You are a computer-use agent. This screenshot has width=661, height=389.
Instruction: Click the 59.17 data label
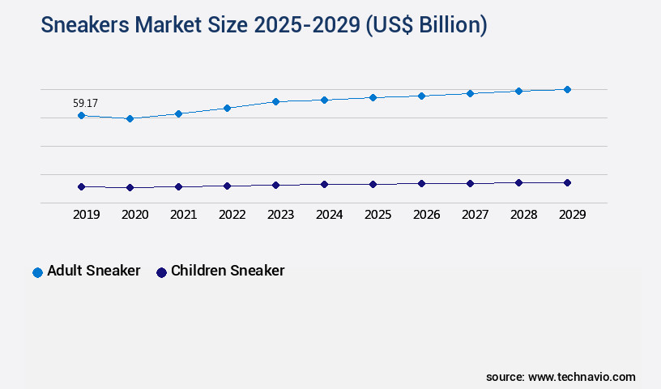[85, 103]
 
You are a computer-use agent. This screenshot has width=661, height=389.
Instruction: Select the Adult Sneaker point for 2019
[81, 116]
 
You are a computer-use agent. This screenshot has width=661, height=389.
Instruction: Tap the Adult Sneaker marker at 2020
[130, 118]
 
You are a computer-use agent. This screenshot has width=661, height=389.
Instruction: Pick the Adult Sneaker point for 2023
[275, 101]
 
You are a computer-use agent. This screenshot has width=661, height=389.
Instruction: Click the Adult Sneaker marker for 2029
[567, 89]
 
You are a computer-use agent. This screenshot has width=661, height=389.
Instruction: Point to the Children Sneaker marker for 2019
[81, 186]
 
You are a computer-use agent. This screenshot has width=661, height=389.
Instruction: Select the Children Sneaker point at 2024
[324, 184]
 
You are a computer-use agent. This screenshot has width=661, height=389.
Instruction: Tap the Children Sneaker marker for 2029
[567, 182]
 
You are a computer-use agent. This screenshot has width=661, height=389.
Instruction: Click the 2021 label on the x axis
[183, 215]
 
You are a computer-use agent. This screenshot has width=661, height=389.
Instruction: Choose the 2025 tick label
[377, 215]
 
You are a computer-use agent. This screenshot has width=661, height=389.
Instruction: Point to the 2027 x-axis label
[475, 215]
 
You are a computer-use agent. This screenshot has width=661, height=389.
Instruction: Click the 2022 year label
[232, 215]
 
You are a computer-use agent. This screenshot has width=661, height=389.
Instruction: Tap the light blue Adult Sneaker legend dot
[37, 272]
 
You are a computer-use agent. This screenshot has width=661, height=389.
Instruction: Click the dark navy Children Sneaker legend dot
[161, 272]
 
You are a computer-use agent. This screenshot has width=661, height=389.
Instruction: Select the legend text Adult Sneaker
[93, 271]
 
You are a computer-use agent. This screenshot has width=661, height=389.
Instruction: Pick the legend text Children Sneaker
[228, 271]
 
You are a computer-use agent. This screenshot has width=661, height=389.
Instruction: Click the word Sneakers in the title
[88, 26]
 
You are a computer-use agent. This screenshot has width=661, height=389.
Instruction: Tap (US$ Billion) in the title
[426, 26]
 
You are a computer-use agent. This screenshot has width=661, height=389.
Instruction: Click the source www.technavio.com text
[561, 377]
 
